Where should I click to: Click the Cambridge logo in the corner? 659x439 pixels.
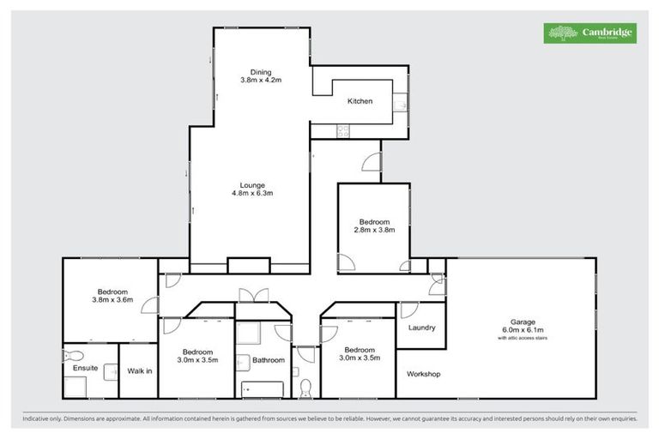click(591, 33)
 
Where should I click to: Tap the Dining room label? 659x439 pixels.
click(261, 71)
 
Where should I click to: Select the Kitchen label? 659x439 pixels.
click(360, 102)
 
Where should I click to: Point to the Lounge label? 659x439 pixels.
click(251, 184)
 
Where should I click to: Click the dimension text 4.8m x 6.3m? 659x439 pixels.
click(251, 193)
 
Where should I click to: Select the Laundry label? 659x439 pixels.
click(421, 328)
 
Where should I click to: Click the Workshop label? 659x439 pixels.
click(423, 374)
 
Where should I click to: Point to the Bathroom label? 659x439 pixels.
click(268, 360)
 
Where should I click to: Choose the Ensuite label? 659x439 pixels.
click(85, 369)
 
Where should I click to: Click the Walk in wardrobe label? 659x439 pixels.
click(139, 370)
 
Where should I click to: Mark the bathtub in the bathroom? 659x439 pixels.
click(262, 389)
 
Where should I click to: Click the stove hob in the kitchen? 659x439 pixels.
click(343, 131)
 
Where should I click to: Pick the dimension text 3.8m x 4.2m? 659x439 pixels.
click(261, 80)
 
